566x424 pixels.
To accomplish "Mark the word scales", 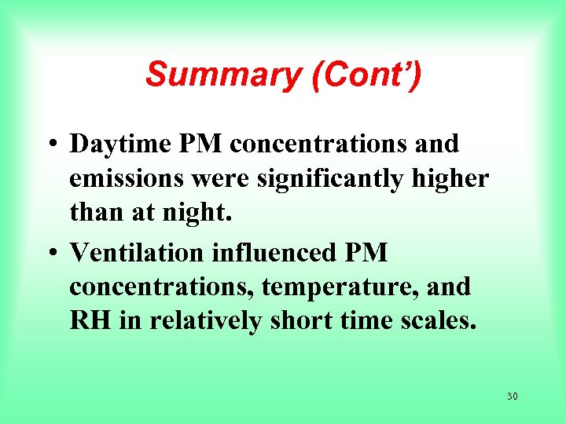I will point(438,323).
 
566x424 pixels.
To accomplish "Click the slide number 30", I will point(512,397).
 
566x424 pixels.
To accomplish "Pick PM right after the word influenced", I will point(367,253).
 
